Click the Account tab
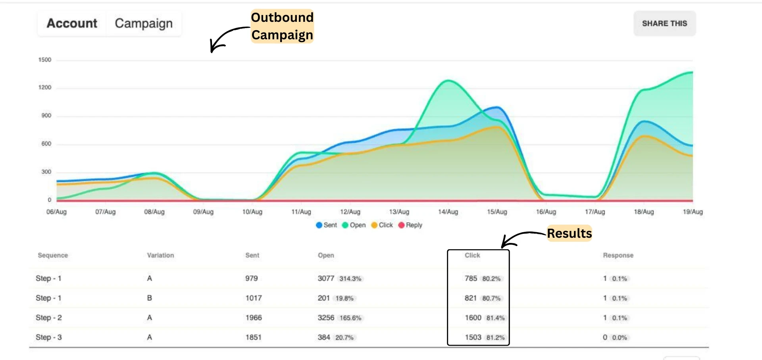[72, 23]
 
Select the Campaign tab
[144, 23]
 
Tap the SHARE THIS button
[664, 23]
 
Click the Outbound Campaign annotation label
[282, 26]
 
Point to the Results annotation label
[569, 233]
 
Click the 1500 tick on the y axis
[45, 60]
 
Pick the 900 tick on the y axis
[46, 116]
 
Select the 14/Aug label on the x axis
[448, 212]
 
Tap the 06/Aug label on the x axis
[56, 212]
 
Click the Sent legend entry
[327, 225]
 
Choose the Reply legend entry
[410, 225]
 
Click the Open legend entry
[354, 225]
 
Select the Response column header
[618, 255]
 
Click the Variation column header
[160, 255]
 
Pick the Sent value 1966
[254, 318]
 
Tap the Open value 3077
[326, 278]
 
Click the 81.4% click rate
[495, 318]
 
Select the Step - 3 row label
[49, 337]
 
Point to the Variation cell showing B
[150, 298]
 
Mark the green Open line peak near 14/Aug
[448, 81]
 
